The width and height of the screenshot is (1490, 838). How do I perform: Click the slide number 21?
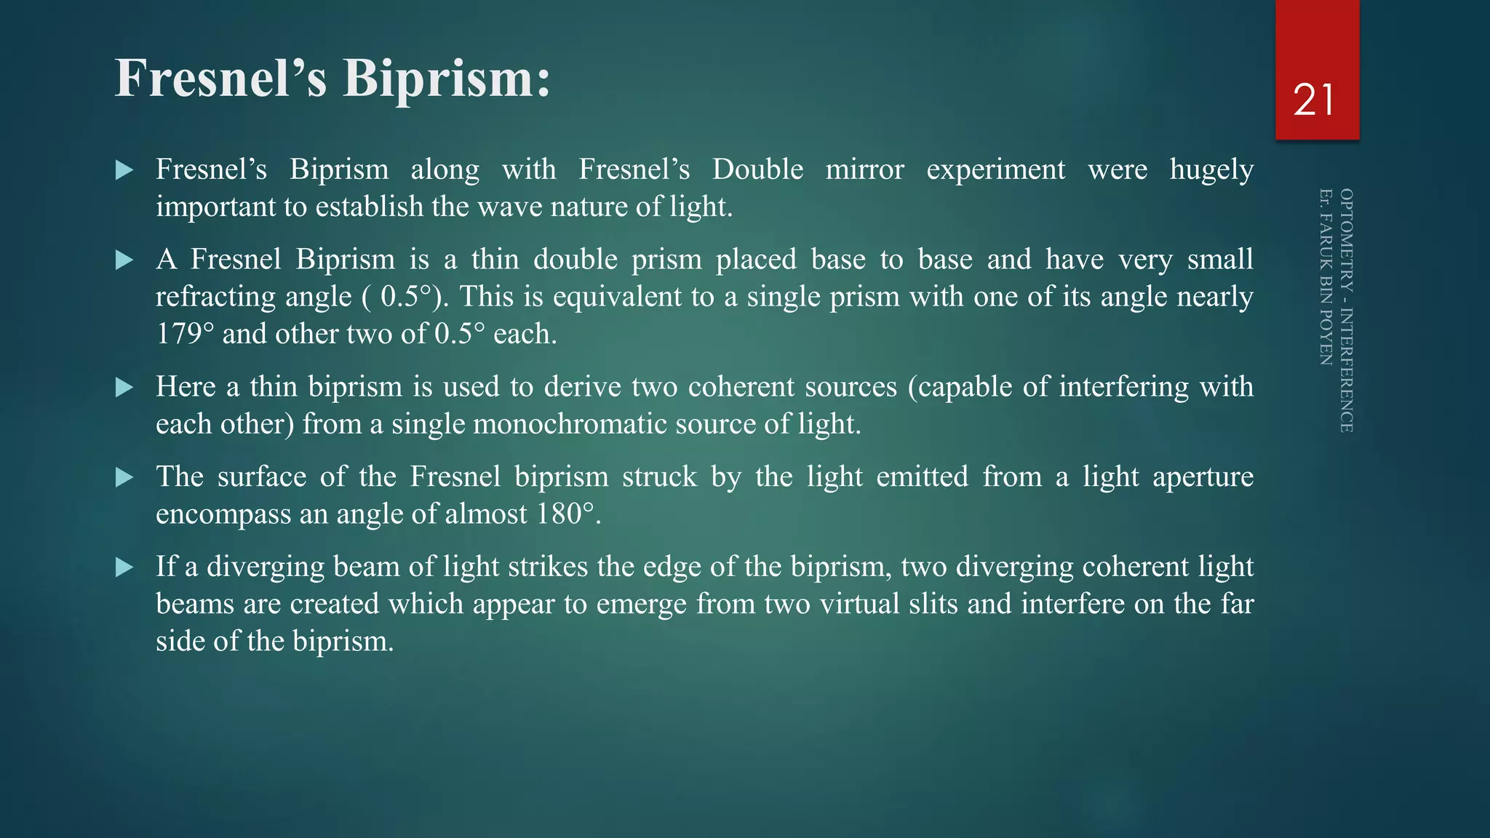point(1314,100)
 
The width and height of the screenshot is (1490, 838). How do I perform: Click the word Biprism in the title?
point(446,79)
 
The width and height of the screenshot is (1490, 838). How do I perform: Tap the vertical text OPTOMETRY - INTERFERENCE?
point(1347,311)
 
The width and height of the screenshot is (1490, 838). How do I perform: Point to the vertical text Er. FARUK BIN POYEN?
point(1326,277)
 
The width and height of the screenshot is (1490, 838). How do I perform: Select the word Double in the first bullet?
point(757,169)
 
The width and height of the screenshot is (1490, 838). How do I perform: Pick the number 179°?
point(185,334)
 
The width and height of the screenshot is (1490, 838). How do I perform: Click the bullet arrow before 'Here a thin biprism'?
point(124,387)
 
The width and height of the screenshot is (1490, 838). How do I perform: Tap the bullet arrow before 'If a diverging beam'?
point(124,567)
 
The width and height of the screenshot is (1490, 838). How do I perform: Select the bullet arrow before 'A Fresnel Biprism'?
point(124,260)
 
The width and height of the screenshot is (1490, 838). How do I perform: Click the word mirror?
point(864,169)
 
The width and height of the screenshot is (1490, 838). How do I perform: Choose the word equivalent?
point(626,297)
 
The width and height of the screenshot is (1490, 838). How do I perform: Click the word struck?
point(659,477)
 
